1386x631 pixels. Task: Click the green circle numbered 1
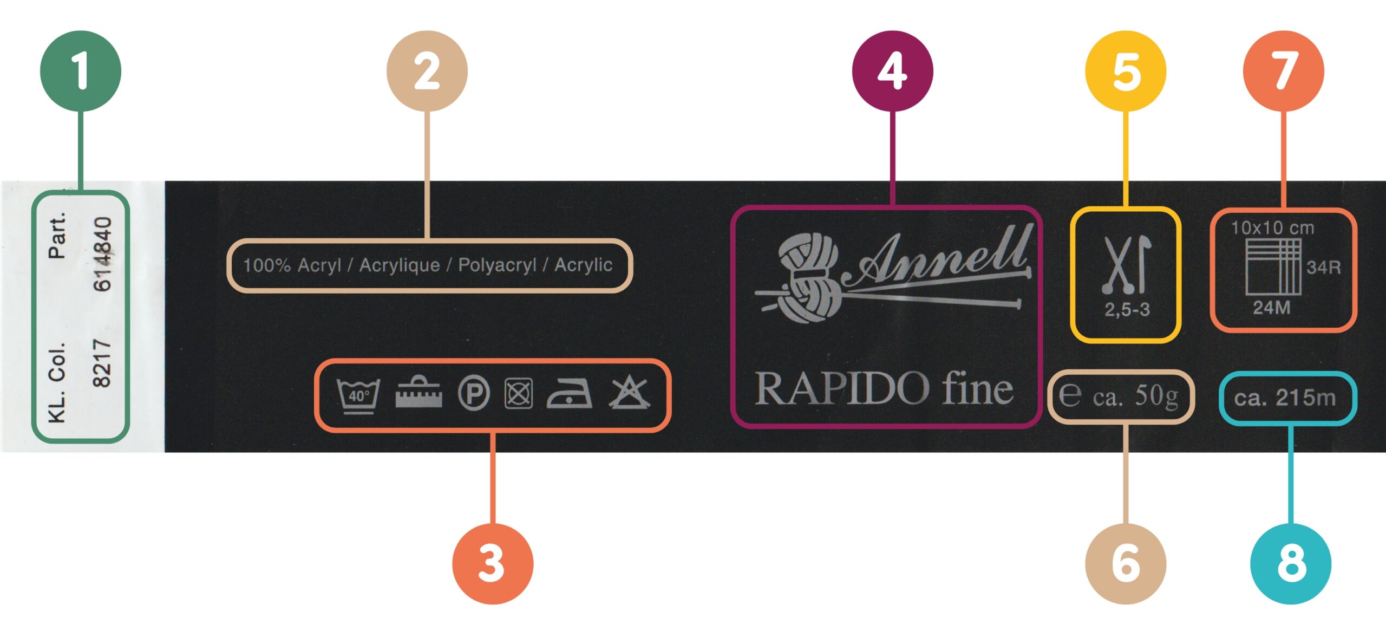[x=81, y=71]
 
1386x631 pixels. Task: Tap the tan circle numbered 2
[x=427, y=71]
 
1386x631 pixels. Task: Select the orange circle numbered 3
[x=493, y=563]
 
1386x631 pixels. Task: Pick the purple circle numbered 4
[x=893, y=71]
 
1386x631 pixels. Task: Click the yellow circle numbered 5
[x=1126, y=71]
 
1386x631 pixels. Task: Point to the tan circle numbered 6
[x=1126, y=563]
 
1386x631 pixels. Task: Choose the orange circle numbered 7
[x=1284, y=71]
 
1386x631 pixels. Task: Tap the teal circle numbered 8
[x=1291, y=563]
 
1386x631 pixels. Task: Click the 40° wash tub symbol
[x=358, y=395]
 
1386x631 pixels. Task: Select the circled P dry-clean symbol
[x=474, y=394]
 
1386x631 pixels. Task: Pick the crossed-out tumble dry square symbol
[x=519, y=394]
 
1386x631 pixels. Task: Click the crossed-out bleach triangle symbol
[x=629, y=394]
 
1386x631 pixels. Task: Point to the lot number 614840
[x=102, y=254]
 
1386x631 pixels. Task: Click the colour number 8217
[x=102, y=363]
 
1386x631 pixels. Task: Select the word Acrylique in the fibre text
[x=400, y=265]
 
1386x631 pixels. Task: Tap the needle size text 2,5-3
[x=1127, y=310]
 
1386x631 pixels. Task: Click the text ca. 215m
[x=1285, y=398]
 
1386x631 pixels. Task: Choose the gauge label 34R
[x=1324, y=267]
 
